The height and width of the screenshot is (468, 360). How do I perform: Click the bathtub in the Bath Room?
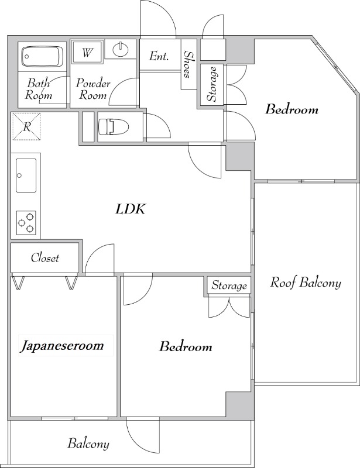tap(43, 57)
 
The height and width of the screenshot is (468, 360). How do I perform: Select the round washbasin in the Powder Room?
tap(121, 49)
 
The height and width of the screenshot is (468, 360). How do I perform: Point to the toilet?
tap(113, 126)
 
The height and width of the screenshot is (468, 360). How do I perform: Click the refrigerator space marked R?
tap(26, 126)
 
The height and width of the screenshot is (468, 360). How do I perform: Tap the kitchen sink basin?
tap(26, 175)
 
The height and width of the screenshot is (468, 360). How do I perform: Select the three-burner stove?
tap(26, 223)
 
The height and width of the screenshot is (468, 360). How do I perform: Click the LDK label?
tap(131, 209)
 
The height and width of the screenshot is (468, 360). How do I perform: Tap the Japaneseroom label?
tap(62, 346)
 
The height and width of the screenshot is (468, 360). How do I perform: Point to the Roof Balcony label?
tap(306, 283)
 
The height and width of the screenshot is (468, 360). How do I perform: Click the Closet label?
tap(45, 257)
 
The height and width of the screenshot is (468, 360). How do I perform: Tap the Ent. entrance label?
tap(159, 56)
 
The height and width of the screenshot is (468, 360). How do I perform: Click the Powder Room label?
tap(93, 89)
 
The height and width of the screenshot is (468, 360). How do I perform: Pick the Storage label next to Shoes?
tap(212, 84)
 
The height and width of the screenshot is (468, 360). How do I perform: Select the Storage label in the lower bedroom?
tap(229, 285)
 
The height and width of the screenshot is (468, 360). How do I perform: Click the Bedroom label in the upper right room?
tap(292, 109)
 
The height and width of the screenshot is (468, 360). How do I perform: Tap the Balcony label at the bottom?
tap(88, 443)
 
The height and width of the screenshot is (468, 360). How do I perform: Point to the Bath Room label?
tap(39, 89)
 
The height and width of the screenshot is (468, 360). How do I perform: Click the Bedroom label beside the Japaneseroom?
tap(186, 346)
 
